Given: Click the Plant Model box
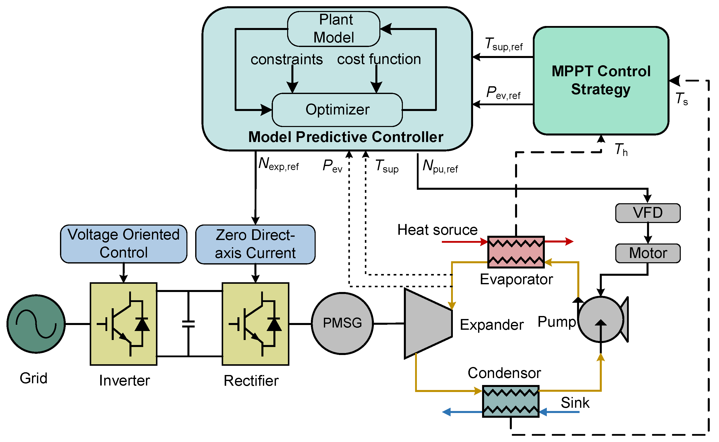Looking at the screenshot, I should (x=334, y=29).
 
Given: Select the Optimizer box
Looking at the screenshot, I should (x=337, y=109).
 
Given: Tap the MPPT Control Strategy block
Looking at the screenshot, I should (x=601, y=80).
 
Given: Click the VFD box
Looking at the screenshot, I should (x=648, y=213).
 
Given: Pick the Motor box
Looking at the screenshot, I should (x=648, y=253).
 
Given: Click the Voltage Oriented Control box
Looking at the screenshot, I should (x=124, y=244).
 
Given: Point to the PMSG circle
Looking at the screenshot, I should (x=342, y=323).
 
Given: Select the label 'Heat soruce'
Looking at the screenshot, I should (x=437, y=230).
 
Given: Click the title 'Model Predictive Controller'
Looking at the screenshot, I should (x=346, y=137).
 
